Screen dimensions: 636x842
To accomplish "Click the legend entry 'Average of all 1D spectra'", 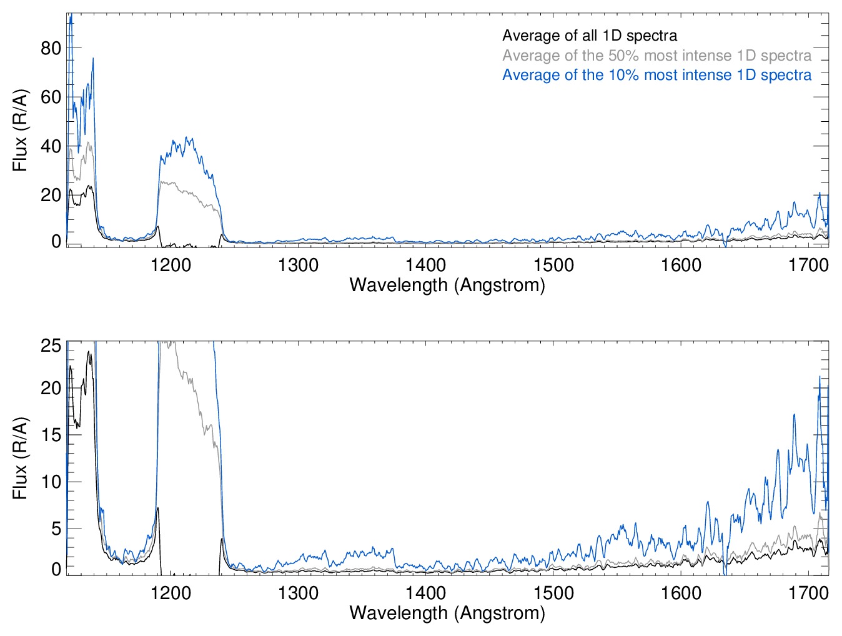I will coord(589,36).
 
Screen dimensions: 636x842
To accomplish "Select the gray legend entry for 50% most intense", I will coord(656,56).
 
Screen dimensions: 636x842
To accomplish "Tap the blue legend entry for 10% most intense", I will coord(656,75).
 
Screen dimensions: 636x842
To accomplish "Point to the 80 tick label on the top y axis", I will coord(51,48).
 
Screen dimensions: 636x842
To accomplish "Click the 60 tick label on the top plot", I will coord(51,97).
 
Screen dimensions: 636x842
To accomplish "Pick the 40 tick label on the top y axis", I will coord(51,146).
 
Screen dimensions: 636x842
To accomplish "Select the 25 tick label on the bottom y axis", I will coord(51,345).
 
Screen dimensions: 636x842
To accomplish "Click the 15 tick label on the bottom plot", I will coord(51,435).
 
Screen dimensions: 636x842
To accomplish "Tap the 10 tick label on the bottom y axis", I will coord(51,482).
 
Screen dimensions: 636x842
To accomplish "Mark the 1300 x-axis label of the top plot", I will coord(298,266).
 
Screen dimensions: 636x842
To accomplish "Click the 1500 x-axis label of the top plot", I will coord(553,266).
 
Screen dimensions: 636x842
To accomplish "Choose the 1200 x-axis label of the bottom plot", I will coord(171,593).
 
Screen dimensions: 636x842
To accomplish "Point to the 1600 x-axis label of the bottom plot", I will coord(681,593).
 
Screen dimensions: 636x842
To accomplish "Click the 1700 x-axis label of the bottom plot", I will coord(808,593).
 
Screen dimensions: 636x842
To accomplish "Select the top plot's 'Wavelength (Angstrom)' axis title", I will coord(447,286).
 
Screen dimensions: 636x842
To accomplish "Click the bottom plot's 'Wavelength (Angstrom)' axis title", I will coord(447,613).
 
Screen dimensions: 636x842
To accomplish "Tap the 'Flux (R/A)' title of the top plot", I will coord(20,131).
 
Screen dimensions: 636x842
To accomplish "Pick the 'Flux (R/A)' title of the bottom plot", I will coord(20,458).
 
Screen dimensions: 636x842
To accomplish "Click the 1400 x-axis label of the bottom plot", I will coord(425,593).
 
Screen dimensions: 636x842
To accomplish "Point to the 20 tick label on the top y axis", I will coord(51,195).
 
